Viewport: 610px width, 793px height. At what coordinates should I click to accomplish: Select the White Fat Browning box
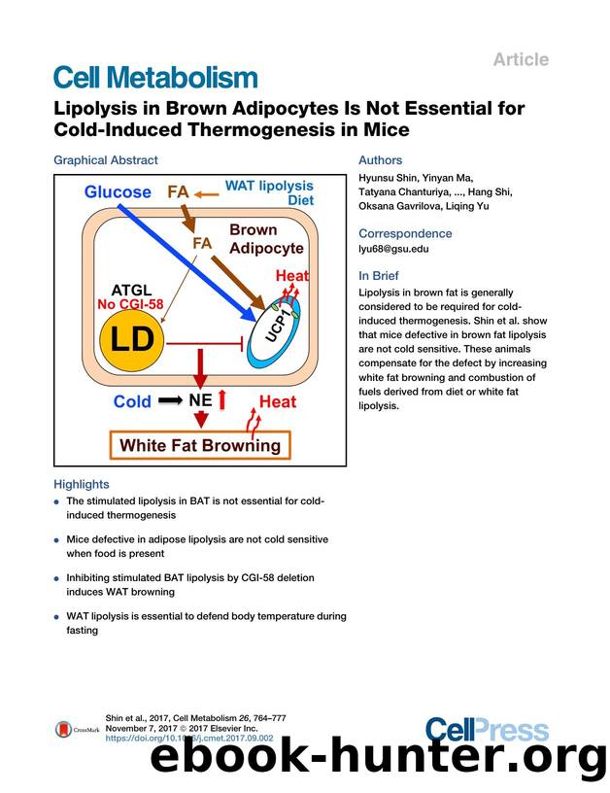pyautogui.click(x=199, y=445)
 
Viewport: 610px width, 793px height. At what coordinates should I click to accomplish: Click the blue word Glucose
pyautogui.click(x=118, y=191)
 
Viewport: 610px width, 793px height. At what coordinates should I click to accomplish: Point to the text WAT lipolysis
pyautogui.click(x=269, y=185)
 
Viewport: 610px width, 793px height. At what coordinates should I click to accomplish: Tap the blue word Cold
pyautogui.click(x=132, y=401)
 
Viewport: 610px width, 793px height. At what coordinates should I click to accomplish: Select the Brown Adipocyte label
pyautogui.click(x=265, y=239)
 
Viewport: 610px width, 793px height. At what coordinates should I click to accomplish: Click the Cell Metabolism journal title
pyautogui.click(x=155, y=78)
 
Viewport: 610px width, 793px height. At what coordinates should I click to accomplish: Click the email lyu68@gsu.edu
pyautogui.click(x=393, y=249)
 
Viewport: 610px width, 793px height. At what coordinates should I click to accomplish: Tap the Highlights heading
pyautogui.click(x=82, y=484)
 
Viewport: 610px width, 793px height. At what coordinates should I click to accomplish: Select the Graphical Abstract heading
pyautogui.click(x=105, y=159)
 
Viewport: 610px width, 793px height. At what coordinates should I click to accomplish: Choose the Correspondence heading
pyautogui.click(x=405, y=233)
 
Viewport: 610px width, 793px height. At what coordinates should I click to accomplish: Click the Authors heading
pyautogui.click(x=380, y=159)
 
